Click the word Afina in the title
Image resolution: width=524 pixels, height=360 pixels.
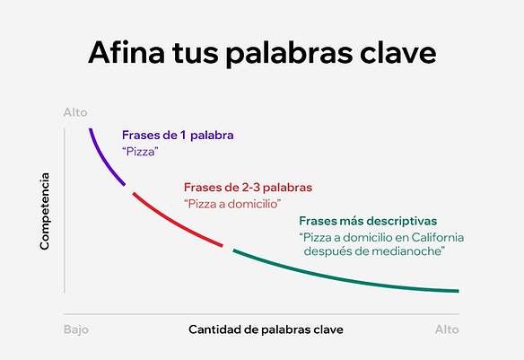click(127, 52)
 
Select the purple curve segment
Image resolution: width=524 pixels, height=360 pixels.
click(103, 160)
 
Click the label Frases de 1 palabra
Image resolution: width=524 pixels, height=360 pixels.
click(178, 135)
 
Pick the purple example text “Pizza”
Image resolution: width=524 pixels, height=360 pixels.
click(140, 152)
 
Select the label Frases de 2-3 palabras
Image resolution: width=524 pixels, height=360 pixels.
click(248, 188)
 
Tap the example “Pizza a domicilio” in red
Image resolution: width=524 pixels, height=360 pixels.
click(232, 204)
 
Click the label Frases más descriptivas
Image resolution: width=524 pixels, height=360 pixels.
click(368, 221)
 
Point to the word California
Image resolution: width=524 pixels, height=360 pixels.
click(438, 237)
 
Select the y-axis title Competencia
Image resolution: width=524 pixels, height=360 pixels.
click(44, 211)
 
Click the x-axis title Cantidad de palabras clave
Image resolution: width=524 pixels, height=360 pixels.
click(266, 329)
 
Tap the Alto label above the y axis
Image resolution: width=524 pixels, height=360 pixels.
click(75, 112)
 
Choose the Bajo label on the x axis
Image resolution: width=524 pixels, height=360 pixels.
click(76, 329)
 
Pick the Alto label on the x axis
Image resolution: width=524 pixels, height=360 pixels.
click(447, 329)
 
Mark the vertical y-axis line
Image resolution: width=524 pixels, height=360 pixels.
click(65, 211)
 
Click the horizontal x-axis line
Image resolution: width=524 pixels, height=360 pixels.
click(261, 314)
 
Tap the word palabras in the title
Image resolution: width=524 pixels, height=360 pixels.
click(290, 54)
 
